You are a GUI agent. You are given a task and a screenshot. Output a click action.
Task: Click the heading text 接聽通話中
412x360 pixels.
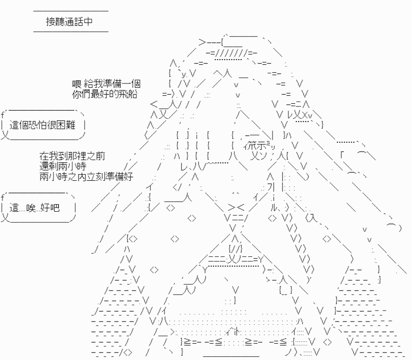click(x=70, y=22)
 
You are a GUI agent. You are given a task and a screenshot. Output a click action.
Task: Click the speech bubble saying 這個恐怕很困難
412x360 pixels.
click(x=43, y=125)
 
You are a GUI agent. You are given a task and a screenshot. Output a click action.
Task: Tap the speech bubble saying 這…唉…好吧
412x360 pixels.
click(x=38, y=208)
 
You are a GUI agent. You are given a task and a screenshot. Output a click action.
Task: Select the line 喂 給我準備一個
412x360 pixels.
click(x=107, y=84)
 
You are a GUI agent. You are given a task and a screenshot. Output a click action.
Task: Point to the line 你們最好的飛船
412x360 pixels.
click(x=105, y=94)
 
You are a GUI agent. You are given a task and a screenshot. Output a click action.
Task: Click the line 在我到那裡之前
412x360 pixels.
click(x=72, y=156)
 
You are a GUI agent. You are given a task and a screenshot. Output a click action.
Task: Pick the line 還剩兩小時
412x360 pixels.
click(x=63, y=166)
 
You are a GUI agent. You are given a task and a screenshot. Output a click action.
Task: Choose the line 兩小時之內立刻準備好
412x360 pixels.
click(x=86, y=176)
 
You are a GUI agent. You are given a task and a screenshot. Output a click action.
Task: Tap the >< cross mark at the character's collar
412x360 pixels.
click(x=236, y=207)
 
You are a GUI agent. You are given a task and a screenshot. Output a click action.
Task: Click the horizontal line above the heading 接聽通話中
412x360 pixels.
click(x=71, y=11)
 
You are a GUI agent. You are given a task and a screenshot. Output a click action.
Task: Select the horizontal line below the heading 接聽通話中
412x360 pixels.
click(x=71, y=31)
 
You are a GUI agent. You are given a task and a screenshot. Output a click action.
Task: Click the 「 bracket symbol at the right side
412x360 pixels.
click(x=342, y=155)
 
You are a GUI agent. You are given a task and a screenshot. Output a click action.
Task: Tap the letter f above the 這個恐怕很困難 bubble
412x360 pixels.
click(x=3, y=115)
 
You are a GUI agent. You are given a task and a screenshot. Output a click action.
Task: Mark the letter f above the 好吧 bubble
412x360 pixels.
click(x=3, y=197)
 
